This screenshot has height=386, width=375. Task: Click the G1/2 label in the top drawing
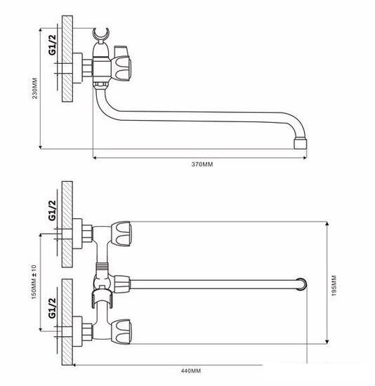coord(51,46)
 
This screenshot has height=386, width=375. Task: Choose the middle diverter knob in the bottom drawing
coord(120,284)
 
